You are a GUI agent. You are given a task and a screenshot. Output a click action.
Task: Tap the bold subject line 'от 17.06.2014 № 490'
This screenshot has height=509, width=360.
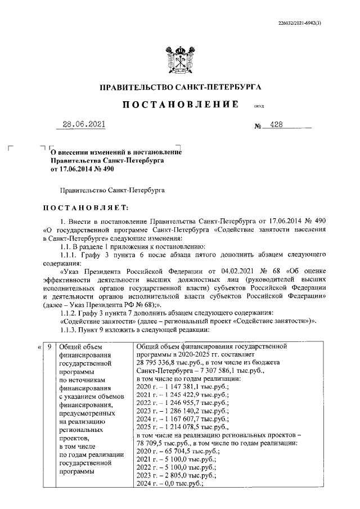[82, 168]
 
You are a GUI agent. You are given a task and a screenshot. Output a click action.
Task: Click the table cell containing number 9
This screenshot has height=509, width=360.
[50, 347]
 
